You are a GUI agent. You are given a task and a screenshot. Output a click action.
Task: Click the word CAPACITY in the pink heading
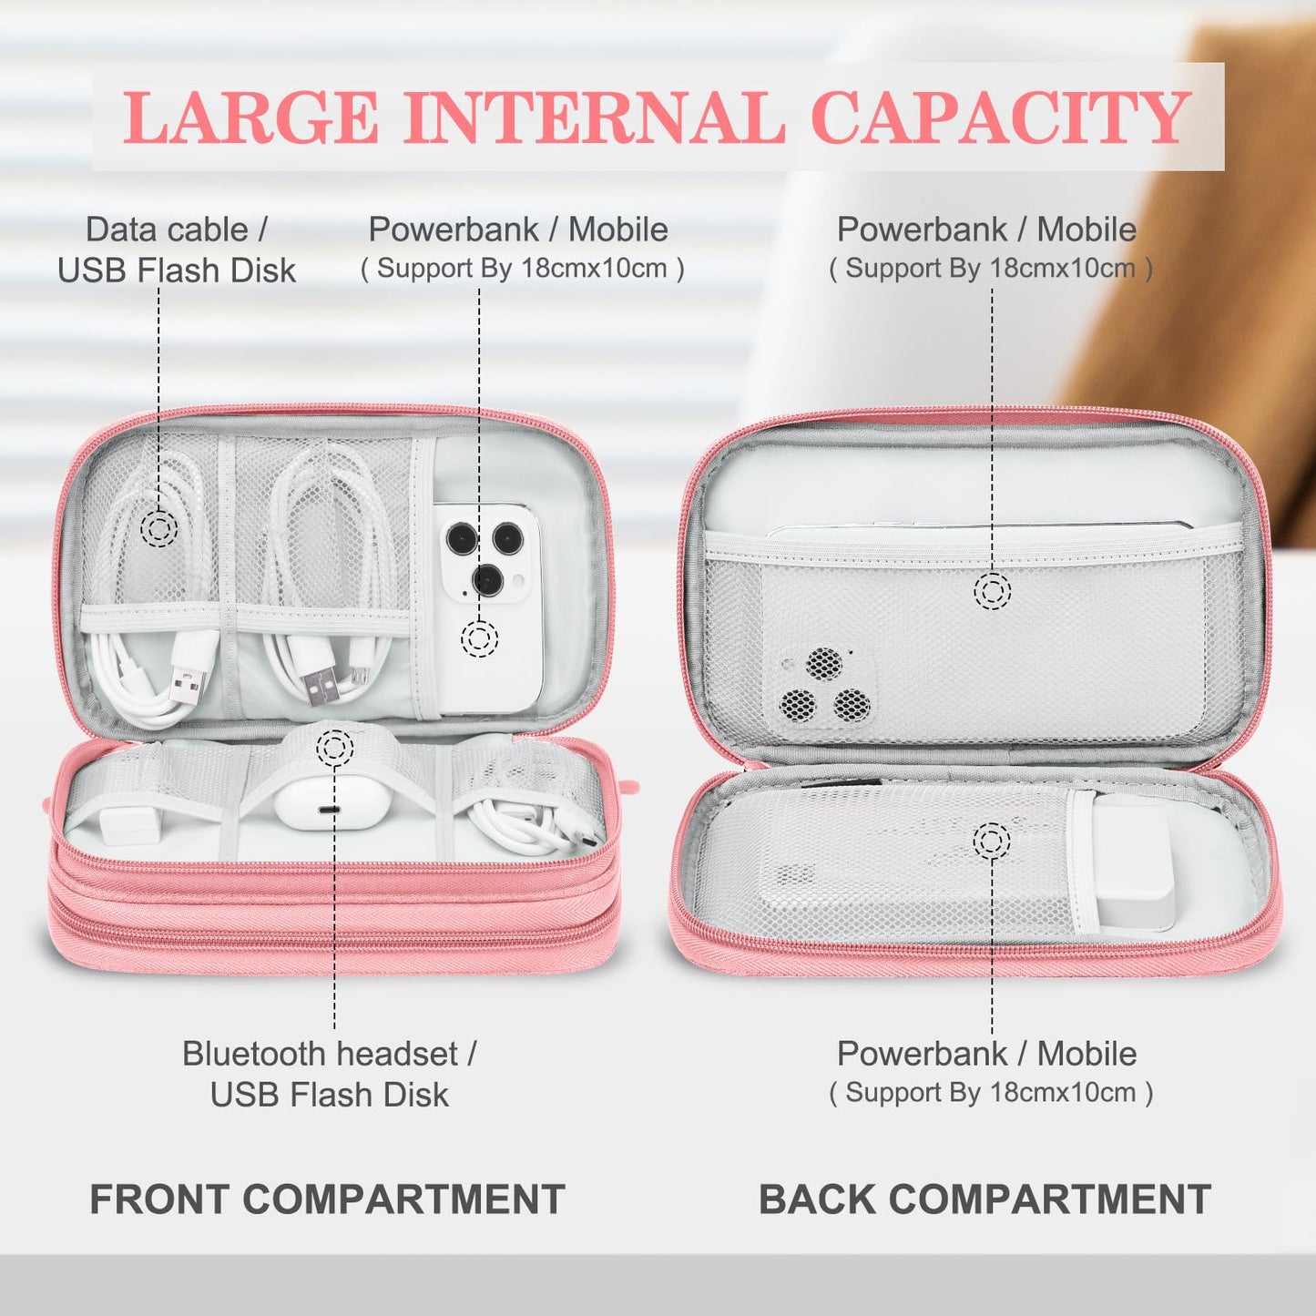[x=999, y=117]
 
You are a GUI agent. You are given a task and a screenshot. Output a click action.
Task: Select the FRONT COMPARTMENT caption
[x=327, y=1199]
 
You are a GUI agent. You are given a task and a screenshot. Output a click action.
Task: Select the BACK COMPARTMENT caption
[x=984, y=1199]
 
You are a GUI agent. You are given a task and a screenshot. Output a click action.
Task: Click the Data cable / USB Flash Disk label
[x=177, y=250]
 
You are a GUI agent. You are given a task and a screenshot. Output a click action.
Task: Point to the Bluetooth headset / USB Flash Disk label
[x=329, y=1074]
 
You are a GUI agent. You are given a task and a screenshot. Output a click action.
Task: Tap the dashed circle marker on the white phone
[x=479, y=638]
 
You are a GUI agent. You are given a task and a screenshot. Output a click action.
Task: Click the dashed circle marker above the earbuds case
[x=334, y=748]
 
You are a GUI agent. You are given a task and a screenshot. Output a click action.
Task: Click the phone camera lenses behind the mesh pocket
[x=824, y=688]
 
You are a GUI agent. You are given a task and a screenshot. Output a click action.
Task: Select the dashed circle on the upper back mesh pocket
[x=992, y=592]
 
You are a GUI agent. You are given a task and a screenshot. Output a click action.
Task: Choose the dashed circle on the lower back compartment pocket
[x=992, y=841]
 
